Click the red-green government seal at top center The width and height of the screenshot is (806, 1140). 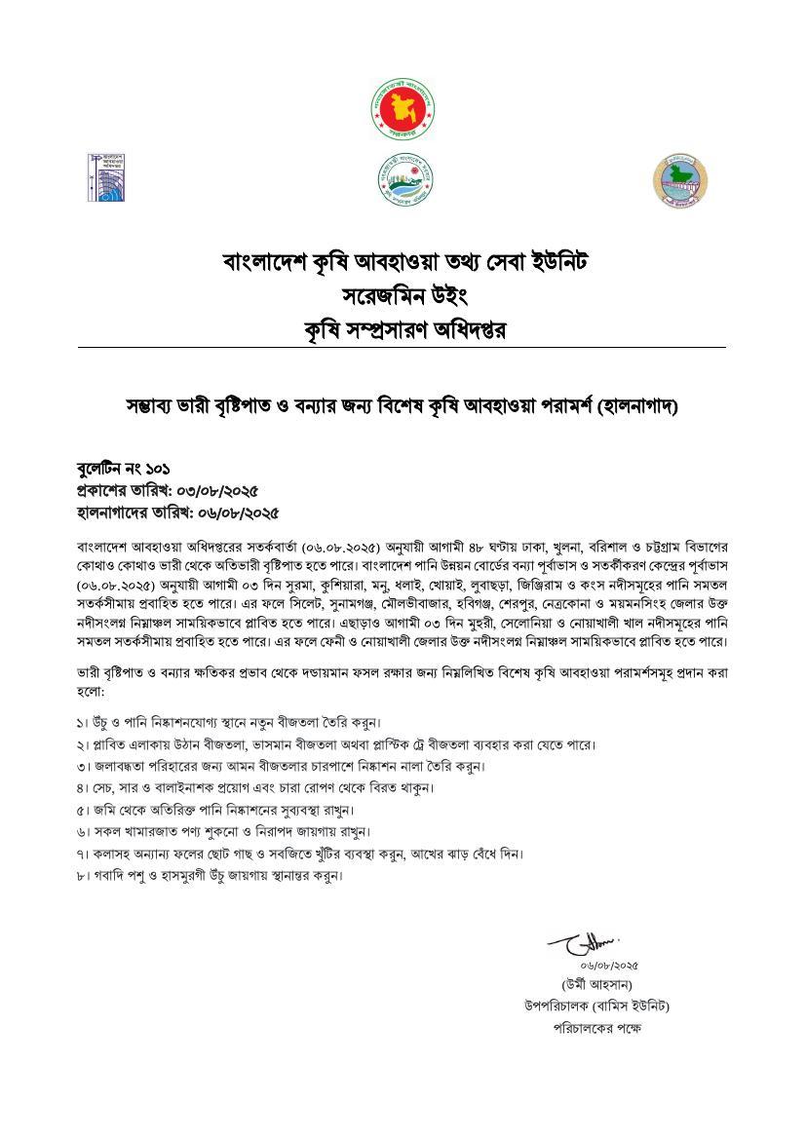(x=403, y=106)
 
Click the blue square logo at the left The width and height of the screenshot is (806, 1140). (x=107, y=178)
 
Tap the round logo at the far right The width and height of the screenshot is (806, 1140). (x=680, y=180)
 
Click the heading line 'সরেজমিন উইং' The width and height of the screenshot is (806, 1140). (x=403, y=295)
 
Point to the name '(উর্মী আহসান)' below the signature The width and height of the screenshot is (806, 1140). (x=596, y=984)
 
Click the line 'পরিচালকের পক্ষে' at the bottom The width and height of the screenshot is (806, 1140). (x=596, y=1028)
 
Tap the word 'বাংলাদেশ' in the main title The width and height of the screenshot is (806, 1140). (x=262, y=262)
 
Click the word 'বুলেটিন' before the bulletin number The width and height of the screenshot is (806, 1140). (x=99, y=470)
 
